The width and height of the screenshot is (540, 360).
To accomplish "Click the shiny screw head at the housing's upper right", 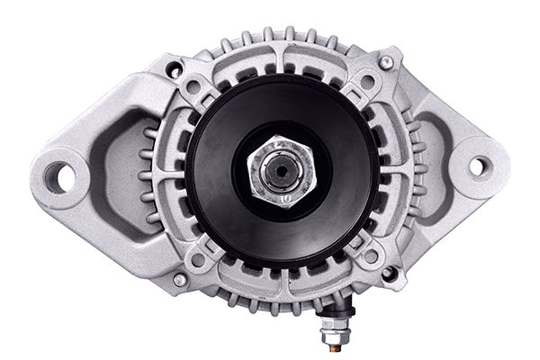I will (x=386, y=61).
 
